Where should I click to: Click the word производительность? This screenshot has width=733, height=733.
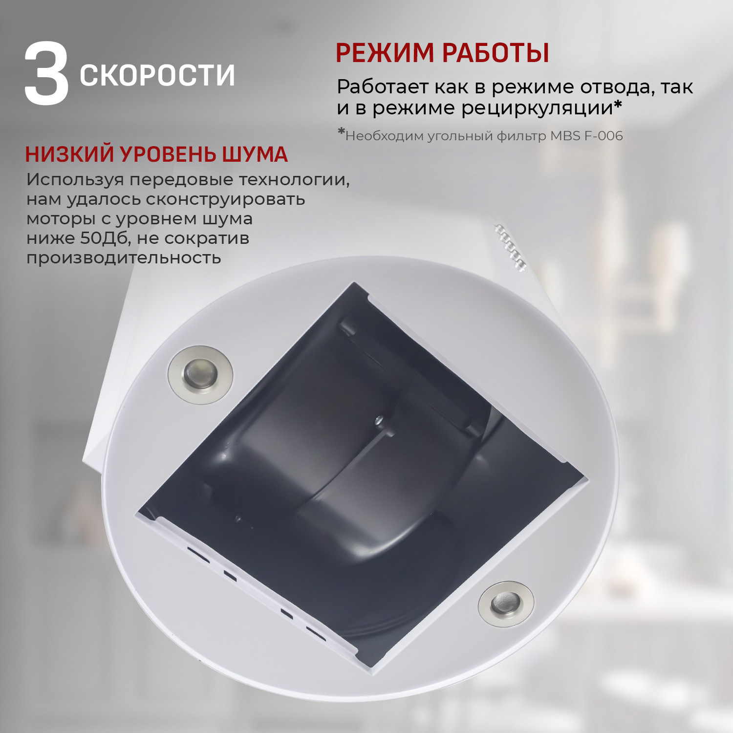[124, 258]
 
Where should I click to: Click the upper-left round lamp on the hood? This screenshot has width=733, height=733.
[200, 375]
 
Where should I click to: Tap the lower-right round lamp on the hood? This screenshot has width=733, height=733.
[506, 604]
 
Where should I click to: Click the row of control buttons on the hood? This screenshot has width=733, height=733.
[510, 247]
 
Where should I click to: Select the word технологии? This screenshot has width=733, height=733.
[294, 180]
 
